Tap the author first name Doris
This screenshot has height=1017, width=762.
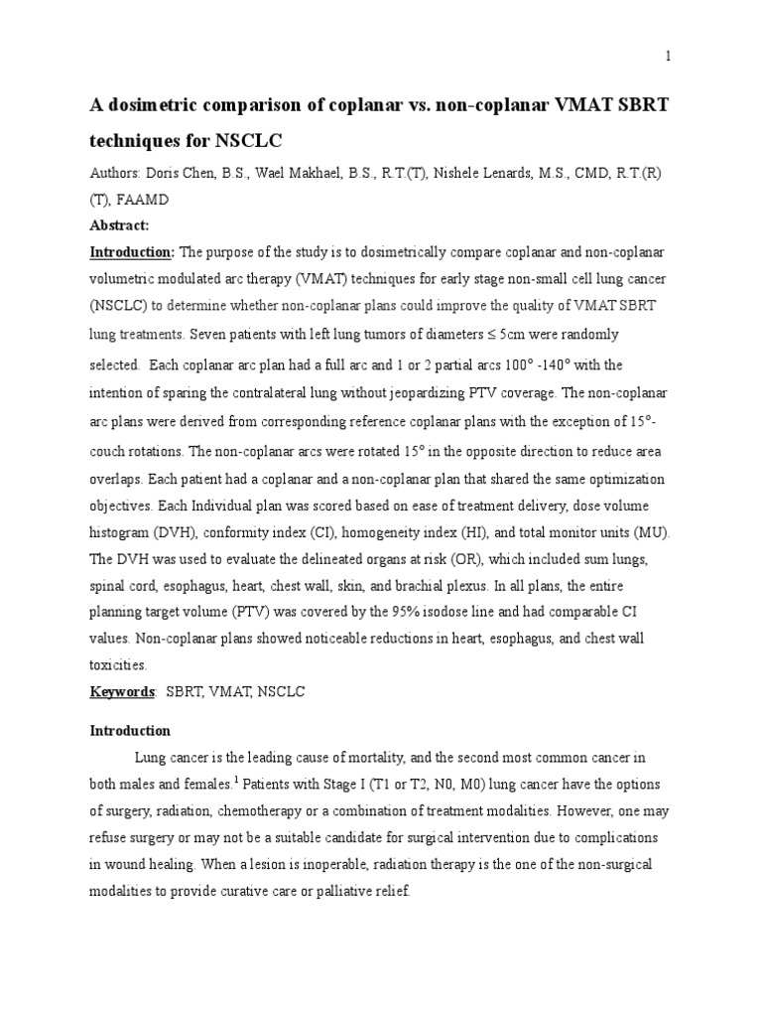tap(156, 172)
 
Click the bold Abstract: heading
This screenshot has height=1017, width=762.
tap(119, 225)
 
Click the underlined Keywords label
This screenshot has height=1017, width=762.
tap(121, 691)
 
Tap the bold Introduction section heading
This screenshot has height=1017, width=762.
tap(130, 731)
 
